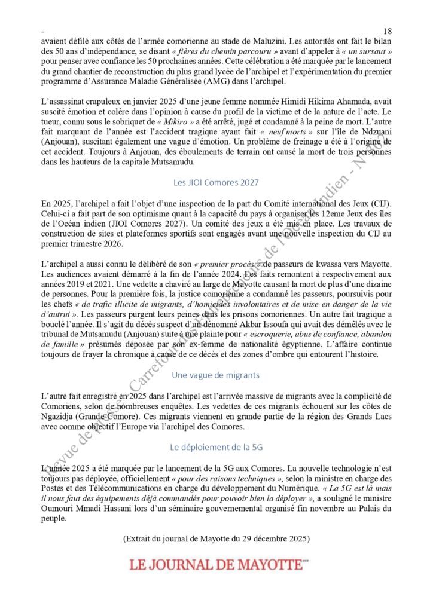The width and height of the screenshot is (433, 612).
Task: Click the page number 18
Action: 386,30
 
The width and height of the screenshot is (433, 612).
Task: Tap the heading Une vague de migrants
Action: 216,375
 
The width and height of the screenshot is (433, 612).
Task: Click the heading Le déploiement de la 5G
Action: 216,446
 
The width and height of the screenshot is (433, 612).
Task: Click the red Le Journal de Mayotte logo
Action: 216,564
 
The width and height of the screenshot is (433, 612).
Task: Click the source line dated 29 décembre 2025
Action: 216,538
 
